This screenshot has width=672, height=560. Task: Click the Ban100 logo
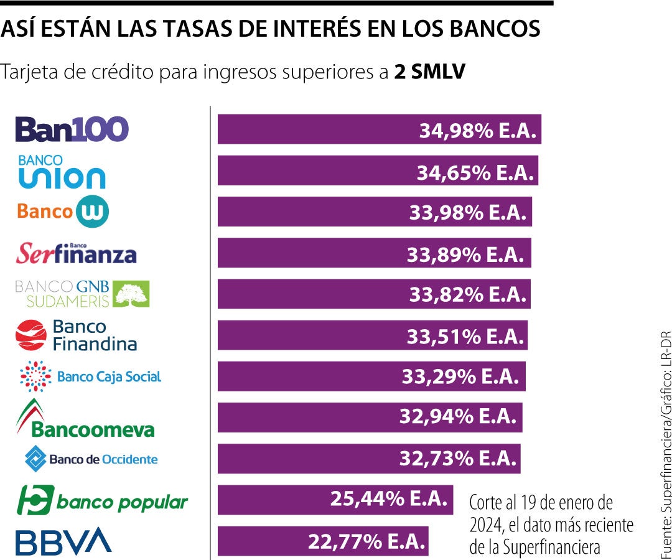[72, 129]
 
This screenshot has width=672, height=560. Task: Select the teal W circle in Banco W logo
[92, 212]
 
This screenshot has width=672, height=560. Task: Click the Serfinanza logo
[76, 253]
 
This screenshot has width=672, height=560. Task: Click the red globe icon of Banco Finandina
[31, 335]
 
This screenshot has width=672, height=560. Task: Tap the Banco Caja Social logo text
[109, 376]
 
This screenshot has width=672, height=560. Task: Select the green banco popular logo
[102, 501]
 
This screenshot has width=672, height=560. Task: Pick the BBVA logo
[63, 541]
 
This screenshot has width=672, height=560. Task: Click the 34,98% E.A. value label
[477, 130]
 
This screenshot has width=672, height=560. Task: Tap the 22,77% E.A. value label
[366, 541]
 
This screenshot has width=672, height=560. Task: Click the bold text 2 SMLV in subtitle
[429, 72]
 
